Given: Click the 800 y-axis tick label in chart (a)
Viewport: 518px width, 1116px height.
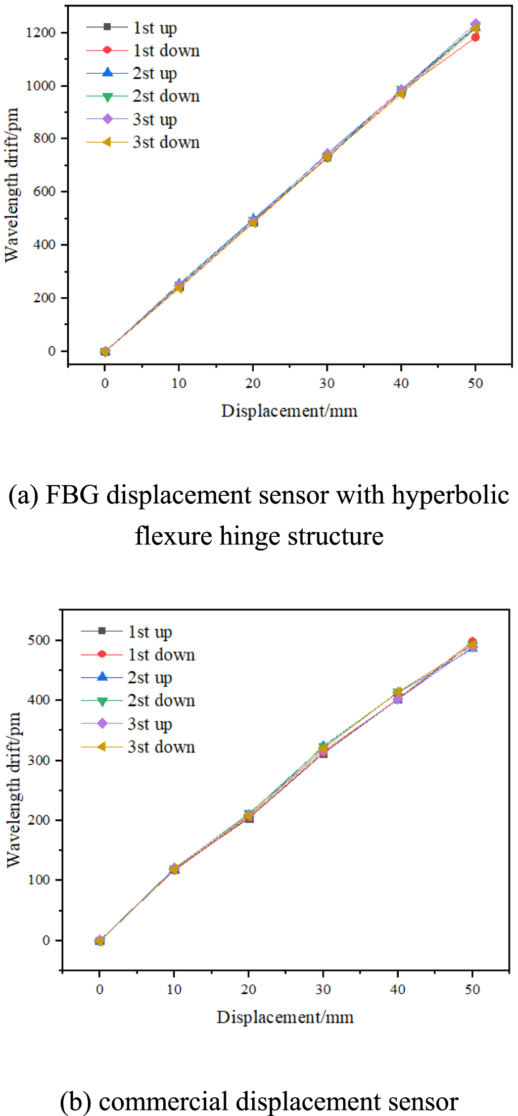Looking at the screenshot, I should (x=44, y=138).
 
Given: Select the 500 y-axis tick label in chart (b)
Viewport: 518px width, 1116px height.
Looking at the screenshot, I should (x=39, y=640).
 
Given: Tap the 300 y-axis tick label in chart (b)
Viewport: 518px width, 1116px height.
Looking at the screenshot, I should (x=39, y=760).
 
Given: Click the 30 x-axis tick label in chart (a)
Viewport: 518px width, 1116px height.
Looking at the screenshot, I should (x=327, y=384).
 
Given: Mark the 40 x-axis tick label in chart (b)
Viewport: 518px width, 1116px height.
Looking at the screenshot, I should (x=398, y=989).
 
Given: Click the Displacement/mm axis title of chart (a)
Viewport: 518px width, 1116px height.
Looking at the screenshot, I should (x=289, y=411).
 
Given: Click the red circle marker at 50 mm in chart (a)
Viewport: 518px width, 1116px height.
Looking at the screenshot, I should (x=475, y=37).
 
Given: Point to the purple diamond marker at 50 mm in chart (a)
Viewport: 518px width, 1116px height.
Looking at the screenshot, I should (x=476, y=24).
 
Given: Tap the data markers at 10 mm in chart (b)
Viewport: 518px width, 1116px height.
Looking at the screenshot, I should (x=174, y=869).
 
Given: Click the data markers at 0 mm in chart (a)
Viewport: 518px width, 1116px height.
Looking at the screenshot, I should (x=105, y=351).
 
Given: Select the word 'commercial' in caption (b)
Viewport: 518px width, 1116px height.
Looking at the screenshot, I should (x=163, y=1102).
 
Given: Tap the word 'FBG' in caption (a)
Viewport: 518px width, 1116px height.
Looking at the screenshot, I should (x=72, y=495).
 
